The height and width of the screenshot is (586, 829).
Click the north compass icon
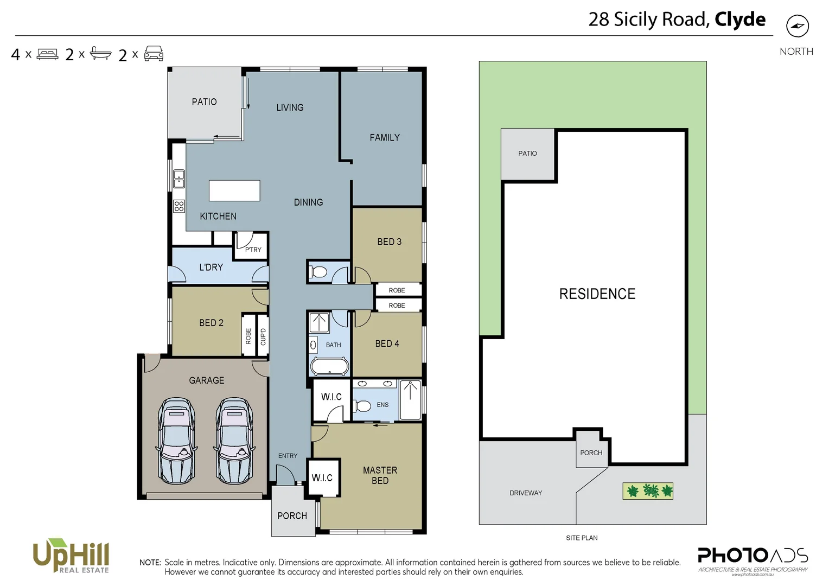point(797,26)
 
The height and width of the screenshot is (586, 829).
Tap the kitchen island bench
point(234,190)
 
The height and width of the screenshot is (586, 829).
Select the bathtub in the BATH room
point(329,367)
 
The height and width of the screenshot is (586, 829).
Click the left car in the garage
point(176,441)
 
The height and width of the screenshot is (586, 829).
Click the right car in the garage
point(234,441)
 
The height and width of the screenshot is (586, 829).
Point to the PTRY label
point(253,250)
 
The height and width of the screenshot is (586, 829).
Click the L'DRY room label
point(211,267)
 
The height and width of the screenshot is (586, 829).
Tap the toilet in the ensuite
point(361,406)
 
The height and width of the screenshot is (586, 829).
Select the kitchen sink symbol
point(178,179)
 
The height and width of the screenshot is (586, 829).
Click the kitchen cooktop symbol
point(178,206)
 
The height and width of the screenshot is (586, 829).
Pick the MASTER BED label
point(380,475)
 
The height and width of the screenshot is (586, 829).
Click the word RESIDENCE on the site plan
point(597,294)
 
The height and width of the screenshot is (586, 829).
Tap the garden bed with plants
point(648,491)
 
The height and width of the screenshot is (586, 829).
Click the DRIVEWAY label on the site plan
point(525,493)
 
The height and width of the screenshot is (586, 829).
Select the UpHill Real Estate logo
point(71,556)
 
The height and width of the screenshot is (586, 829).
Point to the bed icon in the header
point(47,54)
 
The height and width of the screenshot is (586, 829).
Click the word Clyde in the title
point(739,20)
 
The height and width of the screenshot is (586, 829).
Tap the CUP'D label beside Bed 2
point(263,336)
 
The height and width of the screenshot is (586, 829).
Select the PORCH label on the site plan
point(591,453)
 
